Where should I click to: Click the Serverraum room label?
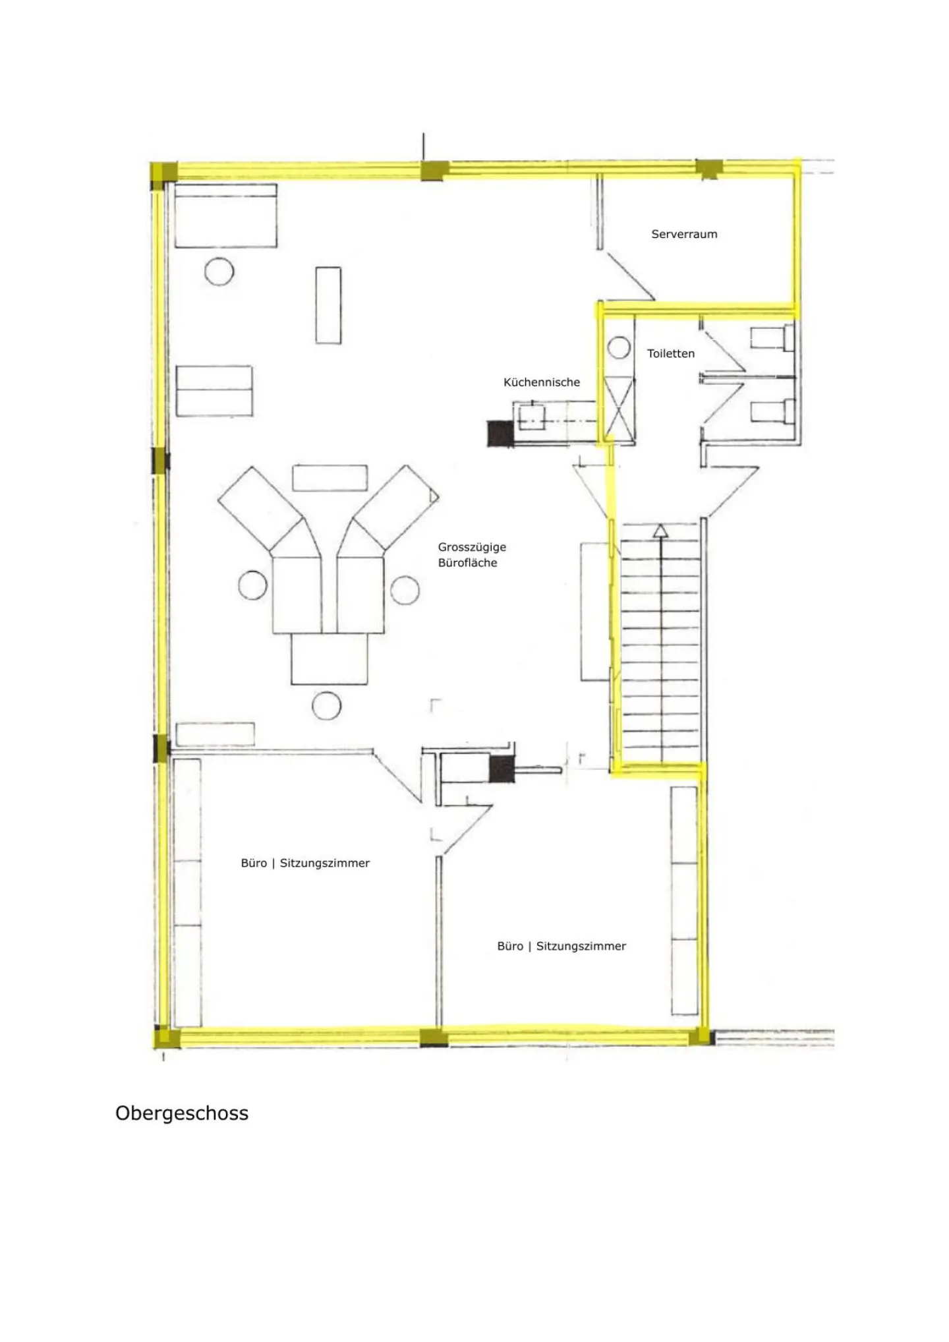pos(684,234)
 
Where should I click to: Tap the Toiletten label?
pos(671,353)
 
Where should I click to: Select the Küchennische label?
pos(542,382)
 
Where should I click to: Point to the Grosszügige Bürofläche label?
pos(472,554)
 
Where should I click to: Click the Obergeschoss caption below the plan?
pos(182,1113)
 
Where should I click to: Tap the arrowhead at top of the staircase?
pos(660,530)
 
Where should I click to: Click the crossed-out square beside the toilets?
pos(619,407)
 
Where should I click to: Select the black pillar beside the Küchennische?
pos(500,434)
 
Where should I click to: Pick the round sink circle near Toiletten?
pos(619,347)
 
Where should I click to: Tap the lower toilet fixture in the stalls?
pos(772,411)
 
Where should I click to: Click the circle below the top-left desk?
pos(219,271)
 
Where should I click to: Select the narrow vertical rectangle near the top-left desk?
pos(328,305)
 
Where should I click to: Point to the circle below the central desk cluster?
pos(326,706)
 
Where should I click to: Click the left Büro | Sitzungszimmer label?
pos(305,863)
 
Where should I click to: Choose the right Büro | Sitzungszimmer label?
pos(561,947)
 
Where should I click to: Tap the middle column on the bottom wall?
pos(433,1037)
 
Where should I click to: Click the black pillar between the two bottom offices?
pos(501,769)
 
